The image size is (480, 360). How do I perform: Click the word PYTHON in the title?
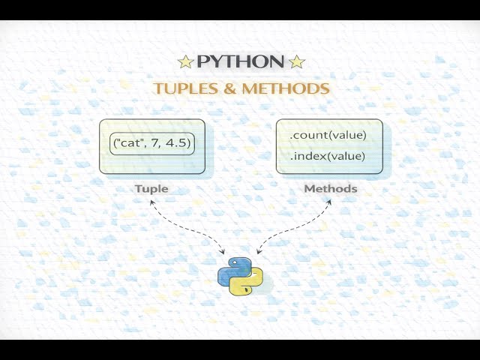(240, 62)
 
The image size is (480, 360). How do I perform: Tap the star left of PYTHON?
(185, 62)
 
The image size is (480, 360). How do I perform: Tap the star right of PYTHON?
(296, 62)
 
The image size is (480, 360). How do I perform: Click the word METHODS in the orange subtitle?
(286, 88)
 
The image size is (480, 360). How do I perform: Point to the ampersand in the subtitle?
(231, 88)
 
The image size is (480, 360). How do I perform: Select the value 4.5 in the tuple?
(177, 142)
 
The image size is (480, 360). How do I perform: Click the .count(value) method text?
(328, 135)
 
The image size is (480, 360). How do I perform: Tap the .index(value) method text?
(327, 156)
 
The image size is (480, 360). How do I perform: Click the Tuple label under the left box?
(151, 188)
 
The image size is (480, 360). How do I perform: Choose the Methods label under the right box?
(330, 188)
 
